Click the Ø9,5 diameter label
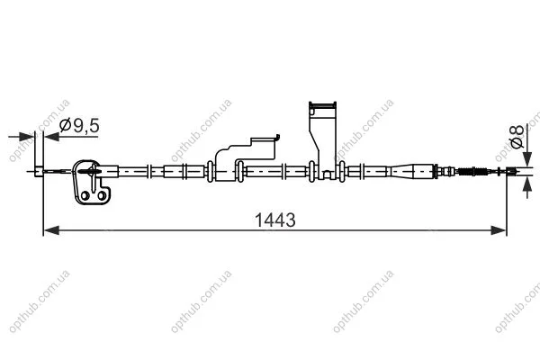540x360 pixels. tap(79, 125)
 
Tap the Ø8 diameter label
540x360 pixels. tap(517, 137)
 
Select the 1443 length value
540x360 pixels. tap(274, 220)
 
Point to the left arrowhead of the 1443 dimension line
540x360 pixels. tap(51, 230)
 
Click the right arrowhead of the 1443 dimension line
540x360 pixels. tap(499, 230)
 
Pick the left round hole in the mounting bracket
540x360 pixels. tap(85, 196)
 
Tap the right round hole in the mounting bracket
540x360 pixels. tap(102, 195)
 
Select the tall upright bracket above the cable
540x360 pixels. tap(323, 140)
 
